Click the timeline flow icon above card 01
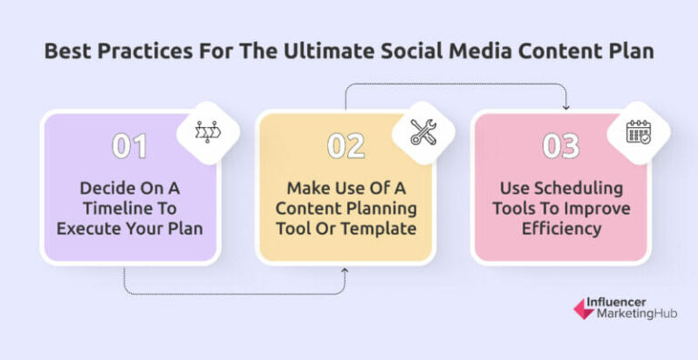point(206,133)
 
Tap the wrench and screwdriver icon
point(424,133)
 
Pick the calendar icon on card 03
point(640,133)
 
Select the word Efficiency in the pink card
point(562,229)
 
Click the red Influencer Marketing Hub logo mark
point(583,309)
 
